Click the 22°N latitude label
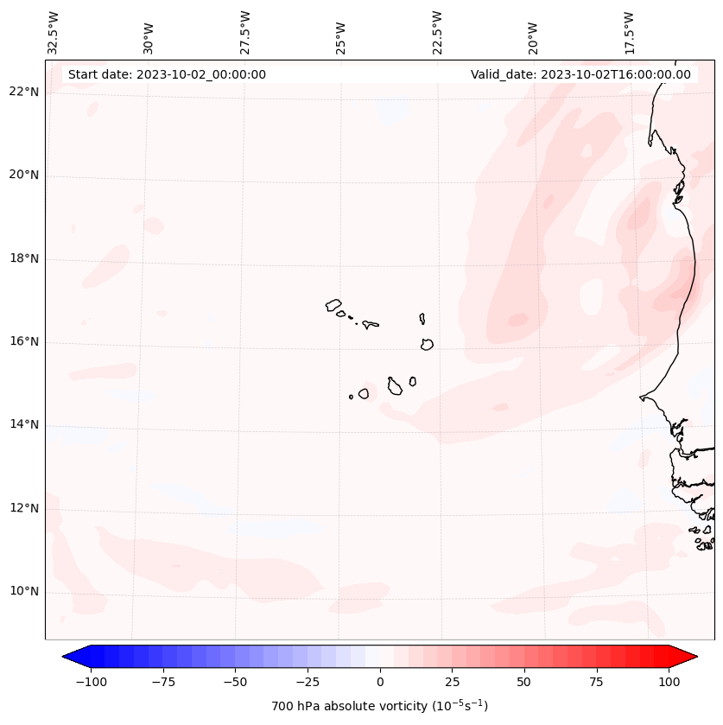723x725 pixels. [24, 92]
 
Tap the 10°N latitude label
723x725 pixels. [24, 592]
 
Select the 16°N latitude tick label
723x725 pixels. [24, 342]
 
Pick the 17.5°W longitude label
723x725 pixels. [629, 32]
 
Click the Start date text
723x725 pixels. [167, 74]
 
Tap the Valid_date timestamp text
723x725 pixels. [580, 74]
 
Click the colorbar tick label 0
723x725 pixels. [380, 682]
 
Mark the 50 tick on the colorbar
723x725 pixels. [524, 682]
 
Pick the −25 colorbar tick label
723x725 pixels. [306, 682]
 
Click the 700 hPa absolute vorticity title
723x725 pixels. [380, 706]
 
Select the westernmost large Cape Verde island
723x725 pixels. [333, 305]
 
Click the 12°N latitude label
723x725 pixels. [24, 508]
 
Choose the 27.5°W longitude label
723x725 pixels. [245, 32]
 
